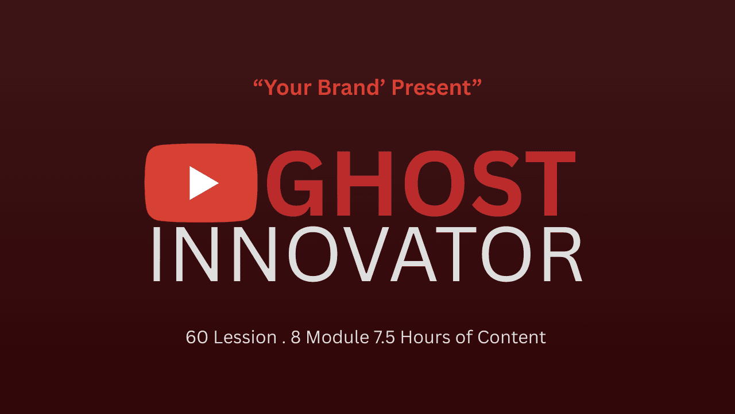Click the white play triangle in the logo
[x=203, y=183]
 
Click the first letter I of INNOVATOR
[x=156, y=255]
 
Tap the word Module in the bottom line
[x=336, y=337]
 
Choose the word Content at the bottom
[x=510, y=337]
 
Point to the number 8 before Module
[x=296, y=337]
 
